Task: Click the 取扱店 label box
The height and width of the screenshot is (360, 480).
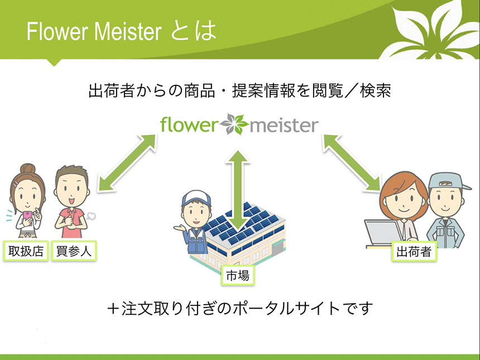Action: pyautogui.click(x=26, y=251)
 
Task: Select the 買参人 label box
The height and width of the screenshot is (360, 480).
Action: pyautogui.click(x=74, y=251)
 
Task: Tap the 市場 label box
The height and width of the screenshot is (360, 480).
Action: pyautogui.click(x=238, y=276)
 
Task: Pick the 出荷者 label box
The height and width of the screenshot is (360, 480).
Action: pyautogui.click(x=414, y=251)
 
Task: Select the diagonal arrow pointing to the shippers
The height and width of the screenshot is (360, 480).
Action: pyautogui.click(x=353, y=163)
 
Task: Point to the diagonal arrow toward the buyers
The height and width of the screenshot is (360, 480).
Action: pyautogui.click(x=127, y=162)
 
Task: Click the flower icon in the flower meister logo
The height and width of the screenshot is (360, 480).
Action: pyautogui.click(x=234, y=124)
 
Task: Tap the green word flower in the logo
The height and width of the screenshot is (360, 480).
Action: pyautogui.click(x=189, y=124)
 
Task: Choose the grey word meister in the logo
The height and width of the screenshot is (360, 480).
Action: pyautogui.click(x=284, y=126)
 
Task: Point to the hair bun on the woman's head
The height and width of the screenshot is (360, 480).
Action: pyautogui.click(x=28, y=169)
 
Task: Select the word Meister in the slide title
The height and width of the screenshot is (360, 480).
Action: pyautogui.click(x=128, y=31)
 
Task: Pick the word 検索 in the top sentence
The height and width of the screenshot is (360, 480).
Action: pyautogui.click(x=376, y=90)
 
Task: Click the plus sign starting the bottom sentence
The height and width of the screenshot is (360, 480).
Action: pyautogui.click(x=113, y=308)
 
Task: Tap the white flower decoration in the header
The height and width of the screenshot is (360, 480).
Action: pyautogui.click(x=429, y=30)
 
